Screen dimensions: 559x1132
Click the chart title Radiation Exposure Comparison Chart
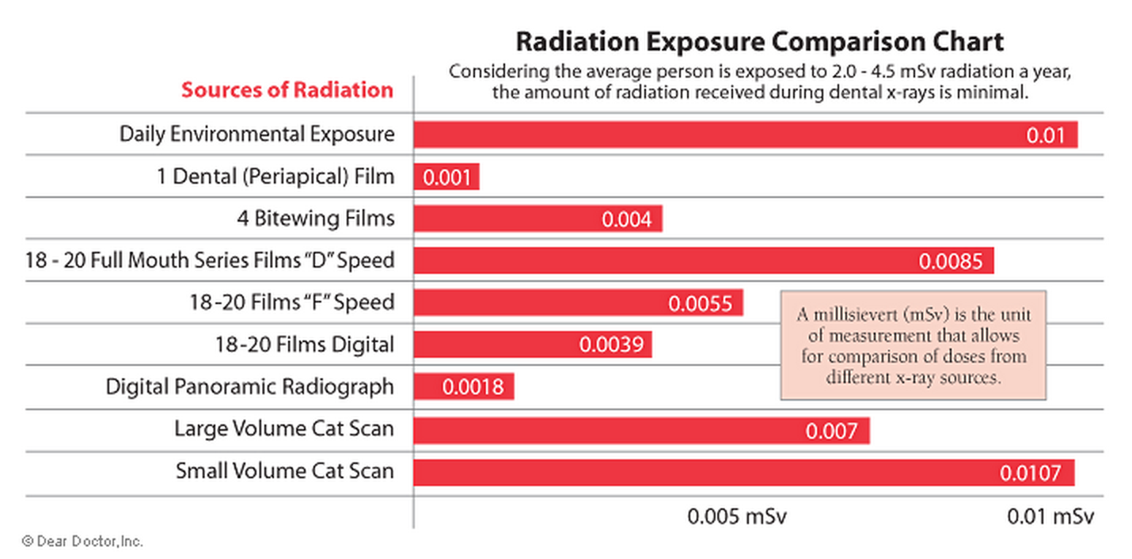coord(759,41)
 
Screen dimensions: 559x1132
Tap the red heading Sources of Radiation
coord(287,89)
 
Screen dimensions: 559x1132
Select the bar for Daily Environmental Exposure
coord(712,135)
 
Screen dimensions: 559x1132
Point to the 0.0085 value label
coord(950,261)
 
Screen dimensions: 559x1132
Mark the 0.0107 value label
coord(1029,473)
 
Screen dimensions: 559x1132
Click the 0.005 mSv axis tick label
coord(737,517)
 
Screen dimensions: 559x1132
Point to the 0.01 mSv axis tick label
coord(1050,517)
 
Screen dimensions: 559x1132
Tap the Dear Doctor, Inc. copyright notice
coord(82,542)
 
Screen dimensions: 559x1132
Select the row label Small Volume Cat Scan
coord(284,472)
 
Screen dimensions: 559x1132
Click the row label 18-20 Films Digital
coord(304,344)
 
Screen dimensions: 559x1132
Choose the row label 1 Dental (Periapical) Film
coord(275,176)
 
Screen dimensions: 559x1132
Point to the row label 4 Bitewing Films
coord(315,218)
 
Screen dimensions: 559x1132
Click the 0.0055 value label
coord(701,303)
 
